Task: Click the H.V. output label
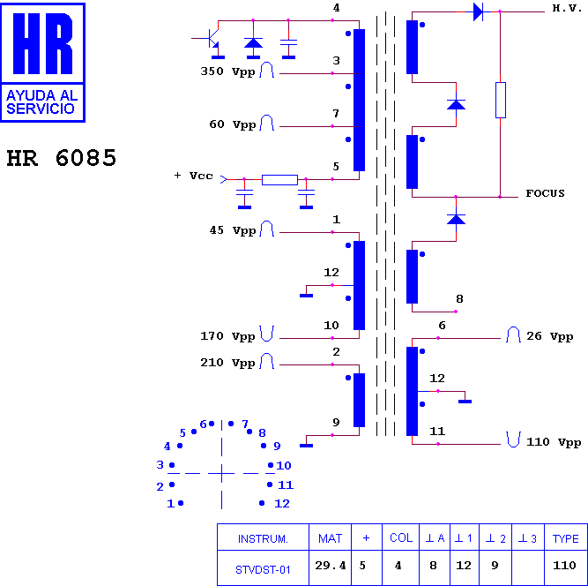click(567, 8)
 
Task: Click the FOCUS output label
click(545, 193)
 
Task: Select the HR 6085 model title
click(62, 158)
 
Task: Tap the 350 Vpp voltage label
click(227, 71)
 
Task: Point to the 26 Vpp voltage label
click(550, 336)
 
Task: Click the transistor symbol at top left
click(212, 40)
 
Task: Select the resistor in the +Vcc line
click(279, 180)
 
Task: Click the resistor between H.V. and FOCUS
click(500, 101)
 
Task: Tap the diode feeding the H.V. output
click(478, 11)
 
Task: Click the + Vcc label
click(193, 176)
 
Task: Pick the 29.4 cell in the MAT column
click(330, 565)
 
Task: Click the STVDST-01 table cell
click(263, 570)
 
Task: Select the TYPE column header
click(565, 538)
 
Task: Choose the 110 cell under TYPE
click(564, 565)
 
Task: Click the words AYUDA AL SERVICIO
click(42, 101)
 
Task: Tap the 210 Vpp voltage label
click(227, 363)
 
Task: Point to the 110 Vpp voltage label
click(554, 442)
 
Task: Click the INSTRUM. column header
click(263, 539)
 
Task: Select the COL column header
click(401, 537)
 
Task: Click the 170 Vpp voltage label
click(227, 336)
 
